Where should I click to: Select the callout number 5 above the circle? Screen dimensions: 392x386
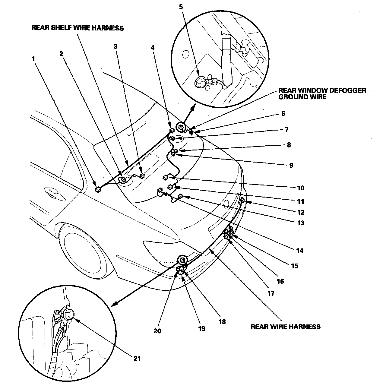[x=181, y=7]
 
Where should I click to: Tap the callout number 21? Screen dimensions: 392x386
[x=137, y=359]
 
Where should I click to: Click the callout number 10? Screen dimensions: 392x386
[x=301, y=188]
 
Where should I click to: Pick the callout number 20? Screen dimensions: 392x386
[x=157, y=331]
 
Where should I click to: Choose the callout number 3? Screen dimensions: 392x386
[x=115, y=46]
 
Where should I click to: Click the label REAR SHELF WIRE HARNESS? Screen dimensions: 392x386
[x=78, y=28]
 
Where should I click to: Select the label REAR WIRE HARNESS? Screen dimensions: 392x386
[x=285, y=327]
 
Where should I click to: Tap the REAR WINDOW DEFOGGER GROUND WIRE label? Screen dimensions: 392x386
[x=322, y=93]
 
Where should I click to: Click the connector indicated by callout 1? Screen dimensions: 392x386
[x=98, y=189]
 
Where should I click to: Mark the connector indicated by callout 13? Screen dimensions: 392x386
[x=180, y=197]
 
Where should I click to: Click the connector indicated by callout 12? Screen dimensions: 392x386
[x=242, y=200]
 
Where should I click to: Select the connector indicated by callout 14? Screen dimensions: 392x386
[x=160, y=190]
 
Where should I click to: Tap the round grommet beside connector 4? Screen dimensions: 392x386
[x=182, y=128]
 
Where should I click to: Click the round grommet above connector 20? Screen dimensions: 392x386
[x=182, y=259]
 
